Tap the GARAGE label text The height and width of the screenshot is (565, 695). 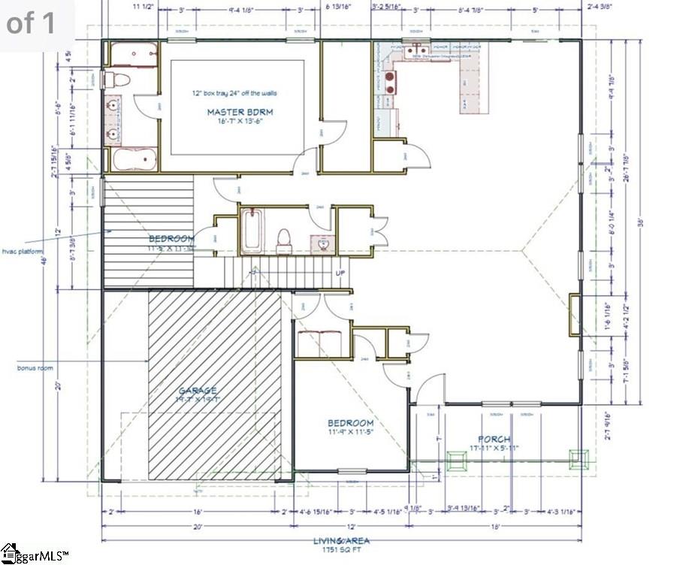[x=198, y=390]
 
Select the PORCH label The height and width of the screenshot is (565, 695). [x=494, y=439]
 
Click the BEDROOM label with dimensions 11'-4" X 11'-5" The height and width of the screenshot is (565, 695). [x=350, y=422]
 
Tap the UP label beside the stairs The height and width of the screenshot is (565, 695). [x=340, y=272]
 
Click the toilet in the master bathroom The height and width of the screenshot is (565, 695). [x=116, y=80]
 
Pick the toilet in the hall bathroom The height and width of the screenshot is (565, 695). [x=284, y=239]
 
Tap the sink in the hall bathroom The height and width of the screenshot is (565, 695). [x=322, y=242]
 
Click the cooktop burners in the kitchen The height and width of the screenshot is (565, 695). [x=390, y=82]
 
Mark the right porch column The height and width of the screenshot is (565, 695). [x=577, y=458]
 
